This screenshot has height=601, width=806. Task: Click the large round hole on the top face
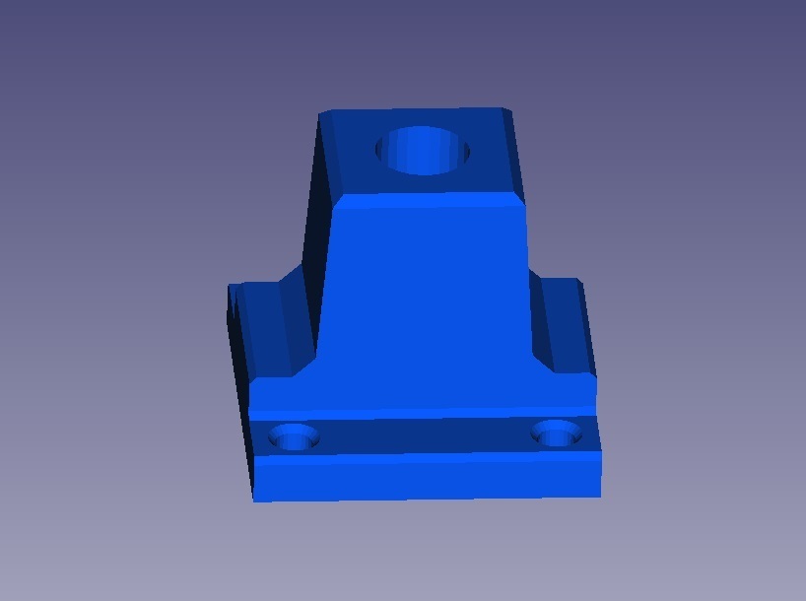(423, 151)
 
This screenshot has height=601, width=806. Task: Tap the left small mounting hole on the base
(294, 435)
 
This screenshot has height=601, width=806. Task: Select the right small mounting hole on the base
(556, 433)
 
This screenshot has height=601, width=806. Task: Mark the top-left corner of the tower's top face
(320, 112)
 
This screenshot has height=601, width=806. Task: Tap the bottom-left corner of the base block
(255, 501)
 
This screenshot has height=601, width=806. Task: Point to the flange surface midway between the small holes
(426, 434)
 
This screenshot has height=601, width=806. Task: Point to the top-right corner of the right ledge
(577, 281)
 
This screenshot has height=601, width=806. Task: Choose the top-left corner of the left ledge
(231, 287)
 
